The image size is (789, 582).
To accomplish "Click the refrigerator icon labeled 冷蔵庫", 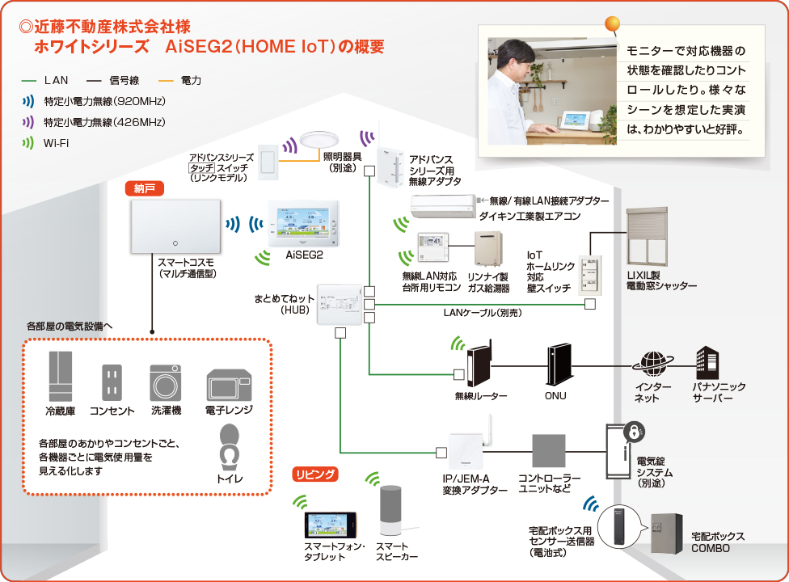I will [x=61, y=377].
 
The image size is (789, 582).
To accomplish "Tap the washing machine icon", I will [x=166, y=380].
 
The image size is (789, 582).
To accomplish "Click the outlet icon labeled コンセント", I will [x=112, y=381].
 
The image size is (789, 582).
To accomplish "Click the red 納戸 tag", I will [x=145, y=188].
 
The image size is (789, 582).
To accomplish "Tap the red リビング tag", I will [x=315, y=474].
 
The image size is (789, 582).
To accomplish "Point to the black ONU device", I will [x=559, y=365].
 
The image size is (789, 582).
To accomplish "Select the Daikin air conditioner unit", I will [x=444, y=206].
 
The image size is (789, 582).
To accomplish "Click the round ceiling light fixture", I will [x=319, y=141].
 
